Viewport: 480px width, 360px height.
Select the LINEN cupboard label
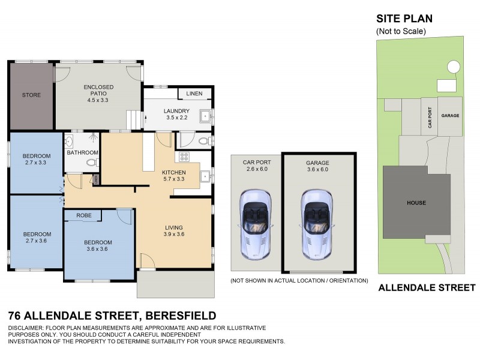(x=194, y=94)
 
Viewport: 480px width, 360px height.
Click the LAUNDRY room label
(x=176, y=111)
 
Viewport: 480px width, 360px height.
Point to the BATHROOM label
(x=82, y=152)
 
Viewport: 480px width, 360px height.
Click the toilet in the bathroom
(x=92, y=162)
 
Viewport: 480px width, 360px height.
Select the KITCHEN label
(x=173, y=173)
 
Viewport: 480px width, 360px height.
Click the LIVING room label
(x=173, y=227)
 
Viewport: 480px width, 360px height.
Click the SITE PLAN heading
(x=404, y=19)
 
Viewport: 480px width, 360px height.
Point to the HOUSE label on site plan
(x=416, y=203)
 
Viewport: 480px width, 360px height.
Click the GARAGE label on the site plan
(x=450, y=115)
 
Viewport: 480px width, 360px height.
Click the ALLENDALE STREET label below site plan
(x=427, y=288)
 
